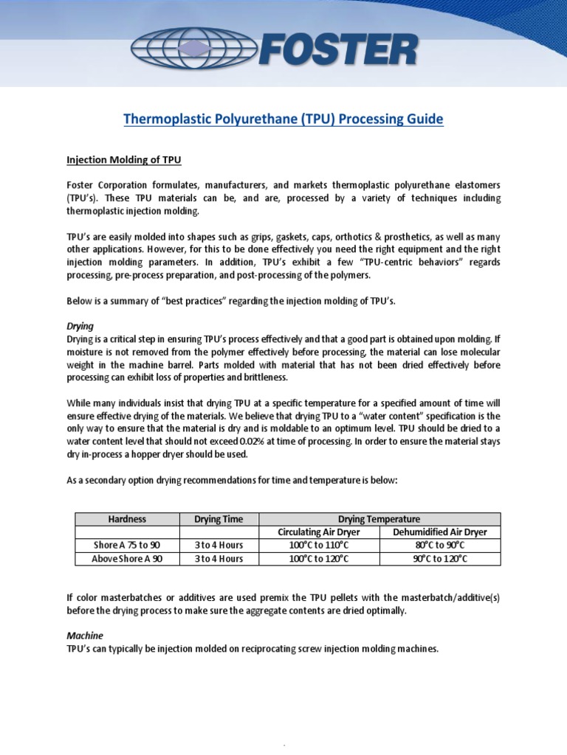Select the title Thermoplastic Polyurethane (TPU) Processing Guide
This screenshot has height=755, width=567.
click(x=283, y=119)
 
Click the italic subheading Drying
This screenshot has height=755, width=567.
click(x=80, y=325)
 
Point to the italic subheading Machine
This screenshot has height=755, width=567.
click(x=85, y=635)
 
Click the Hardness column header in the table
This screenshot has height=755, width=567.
click(x=127, y=519)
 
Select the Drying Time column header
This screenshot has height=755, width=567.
click(x=219, y=519)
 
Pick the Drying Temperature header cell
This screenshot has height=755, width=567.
click(x=379, y=519)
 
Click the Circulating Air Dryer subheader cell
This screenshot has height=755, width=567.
click(x=319, y=532)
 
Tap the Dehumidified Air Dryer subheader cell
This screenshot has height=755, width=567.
click(x=440, y=532)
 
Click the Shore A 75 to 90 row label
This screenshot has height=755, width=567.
click(x=127, y=545)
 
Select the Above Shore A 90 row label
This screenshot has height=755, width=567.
click(x=127, y=558)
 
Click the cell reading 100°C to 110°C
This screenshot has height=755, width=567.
click(x=319, y=545)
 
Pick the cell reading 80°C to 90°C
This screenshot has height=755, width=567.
click(x=440, y=545)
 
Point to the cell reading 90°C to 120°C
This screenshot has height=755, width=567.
click(x=440, y=558)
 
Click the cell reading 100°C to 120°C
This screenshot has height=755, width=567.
click(x=319, y=558)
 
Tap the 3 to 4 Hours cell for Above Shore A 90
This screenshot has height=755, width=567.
click(x=219, y=558)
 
